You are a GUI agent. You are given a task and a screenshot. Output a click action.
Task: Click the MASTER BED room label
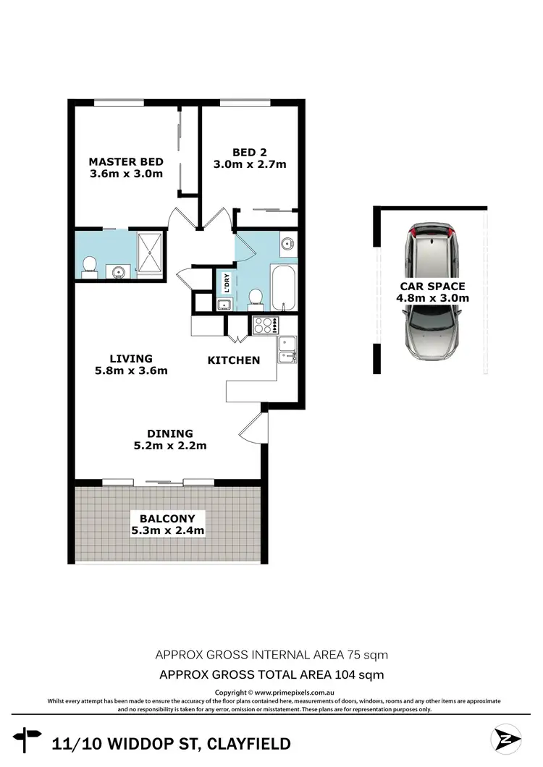125,161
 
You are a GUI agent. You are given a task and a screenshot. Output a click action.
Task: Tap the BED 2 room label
249,152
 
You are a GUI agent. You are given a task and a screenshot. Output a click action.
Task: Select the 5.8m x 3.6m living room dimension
131,371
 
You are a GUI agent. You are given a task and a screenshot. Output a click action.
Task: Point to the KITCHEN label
233,360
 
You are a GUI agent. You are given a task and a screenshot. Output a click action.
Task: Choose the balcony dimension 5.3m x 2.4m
167,530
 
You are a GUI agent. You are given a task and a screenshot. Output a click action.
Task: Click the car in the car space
432,293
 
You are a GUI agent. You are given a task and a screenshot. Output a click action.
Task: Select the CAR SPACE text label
433,286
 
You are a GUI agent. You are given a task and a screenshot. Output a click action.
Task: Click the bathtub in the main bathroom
283,287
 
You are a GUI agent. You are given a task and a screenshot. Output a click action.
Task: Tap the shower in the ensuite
151,254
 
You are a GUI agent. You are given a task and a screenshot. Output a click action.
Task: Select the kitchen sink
286,355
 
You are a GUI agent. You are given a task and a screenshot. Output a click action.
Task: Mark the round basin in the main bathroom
287,242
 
